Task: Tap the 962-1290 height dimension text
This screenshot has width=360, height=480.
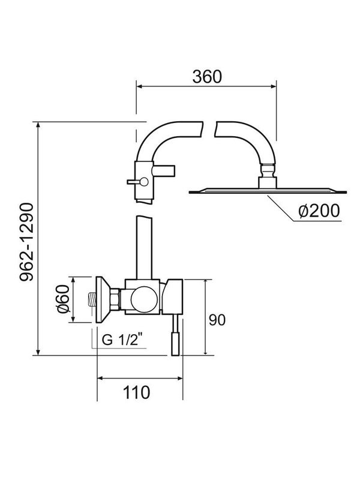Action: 23,240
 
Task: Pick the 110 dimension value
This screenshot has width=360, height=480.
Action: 137,393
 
